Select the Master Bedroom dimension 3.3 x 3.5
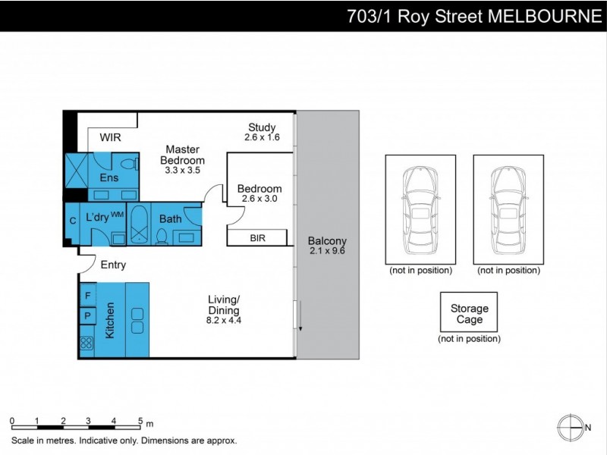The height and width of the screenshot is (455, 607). click(182, 171)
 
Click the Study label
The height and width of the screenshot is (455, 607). click(262, 127)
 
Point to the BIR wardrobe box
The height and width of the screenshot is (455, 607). click(258, 238)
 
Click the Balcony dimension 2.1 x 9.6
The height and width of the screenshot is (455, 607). click(326, 252)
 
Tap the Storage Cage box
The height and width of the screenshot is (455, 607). click(469, 312)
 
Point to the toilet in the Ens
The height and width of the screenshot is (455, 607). click(129, 164)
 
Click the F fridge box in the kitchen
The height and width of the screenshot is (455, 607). click(87, 295)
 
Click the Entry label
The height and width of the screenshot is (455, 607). click(113, 265)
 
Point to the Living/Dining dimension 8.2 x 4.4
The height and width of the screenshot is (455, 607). click(224, 321)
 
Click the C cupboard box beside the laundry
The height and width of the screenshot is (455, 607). click(73, 221)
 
